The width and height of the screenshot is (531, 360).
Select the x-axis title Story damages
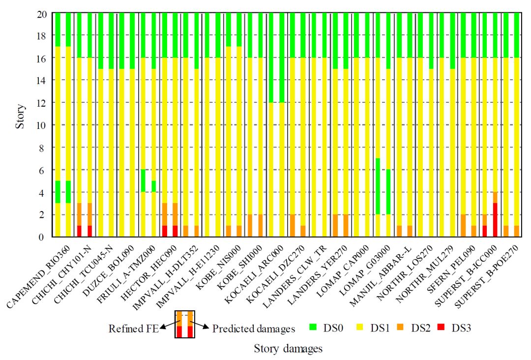click(288, 349)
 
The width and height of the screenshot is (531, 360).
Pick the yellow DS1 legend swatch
click(361, 327)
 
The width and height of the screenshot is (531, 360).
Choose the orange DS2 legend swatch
click(406, 327)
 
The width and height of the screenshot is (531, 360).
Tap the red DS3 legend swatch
click(446, 327)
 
